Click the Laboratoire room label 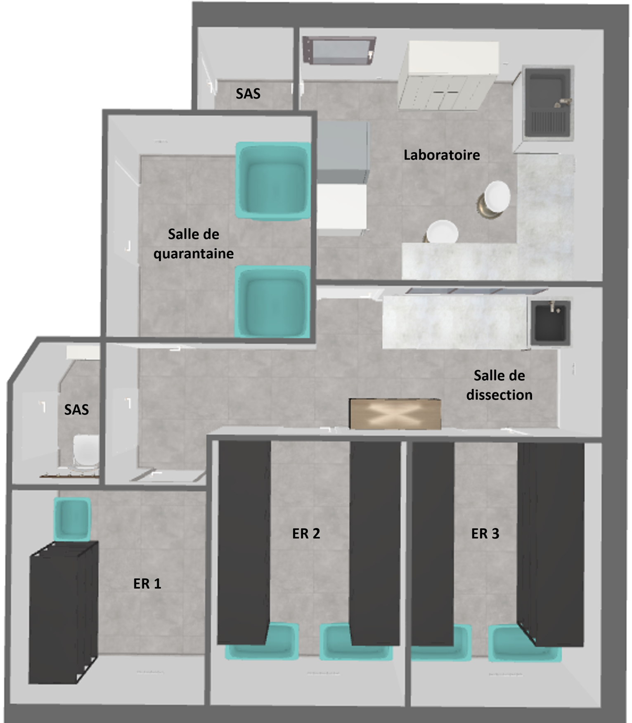click(x=442, y=155)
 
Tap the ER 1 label click(x=147, y=584)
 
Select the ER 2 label click(x=306, y=534)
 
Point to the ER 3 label click(x=485, y=534)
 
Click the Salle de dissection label click(x=499, y=385)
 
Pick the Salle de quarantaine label click(x=194, y=244)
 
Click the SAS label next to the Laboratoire click(x=248, y=94)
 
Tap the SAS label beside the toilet click(x=76, y=409)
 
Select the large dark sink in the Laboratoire click(x=548, y=103)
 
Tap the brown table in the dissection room click(x=395, y=413)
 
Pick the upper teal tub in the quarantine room click(x=273, y=180)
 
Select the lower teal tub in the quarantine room click(x=272, y=302)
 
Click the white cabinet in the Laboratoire click(x=448, y=76)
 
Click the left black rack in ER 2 click(x=244, y=542)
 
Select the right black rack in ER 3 click(x=551, y=545)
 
